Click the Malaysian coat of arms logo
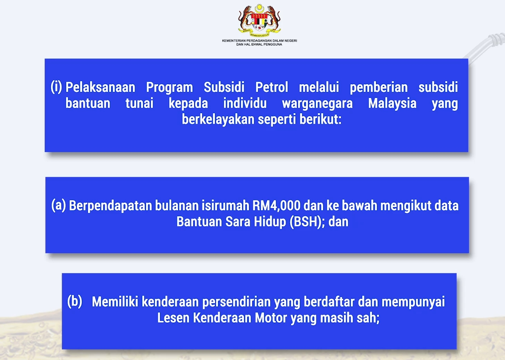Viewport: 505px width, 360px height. (259, 20)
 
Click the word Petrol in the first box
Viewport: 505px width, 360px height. (272, 87)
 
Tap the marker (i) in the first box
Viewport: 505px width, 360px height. (56, 87)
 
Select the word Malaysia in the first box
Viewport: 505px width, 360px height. (392, 103)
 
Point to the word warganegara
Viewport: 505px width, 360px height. (318, 104)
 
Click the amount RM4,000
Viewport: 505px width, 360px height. (276, 206)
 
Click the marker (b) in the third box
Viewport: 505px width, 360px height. (75, 301)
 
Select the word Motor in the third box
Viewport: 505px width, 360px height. (271, 318)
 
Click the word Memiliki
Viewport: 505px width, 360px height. (115, 302)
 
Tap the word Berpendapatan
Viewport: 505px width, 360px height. (110, 206)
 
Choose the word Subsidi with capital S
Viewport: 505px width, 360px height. (224, 87)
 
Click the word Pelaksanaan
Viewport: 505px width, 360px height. (100, 87)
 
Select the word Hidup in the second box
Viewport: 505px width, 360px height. (270, 222)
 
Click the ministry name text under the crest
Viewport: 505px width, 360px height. (260, 42)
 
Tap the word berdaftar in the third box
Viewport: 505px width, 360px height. (329, 302)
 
